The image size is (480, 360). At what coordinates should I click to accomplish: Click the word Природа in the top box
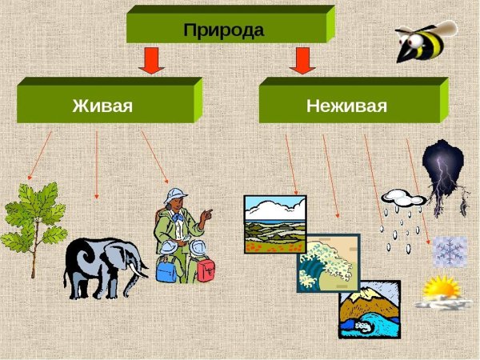(x=223, y=30)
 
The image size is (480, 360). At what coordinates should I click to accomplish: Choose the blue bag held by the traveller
(x=166, y=270)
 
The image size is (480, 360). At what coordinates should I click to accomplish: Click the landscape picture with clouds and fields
(x=274, y=224)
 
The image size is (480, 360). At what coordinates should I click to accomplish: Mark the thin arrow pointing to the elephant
(x=97, y=164)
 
